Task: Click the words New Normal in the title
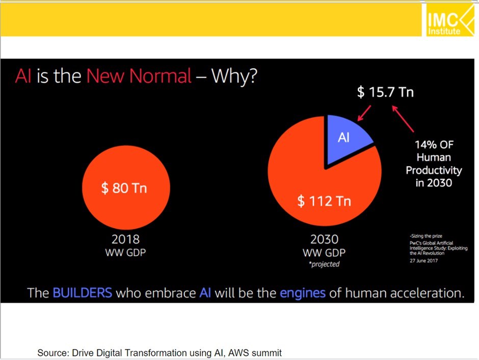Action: [x=139, y=76]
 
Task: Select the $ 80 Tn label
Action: [x=124, y=188]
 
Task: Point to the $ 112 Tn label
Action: [x=324, y=201]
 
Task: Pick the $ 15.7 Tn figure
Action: [x=385, y=93]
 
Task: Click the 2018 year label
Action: [x=125, y=239]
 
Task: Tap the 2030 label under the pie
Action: [x=325, y=239]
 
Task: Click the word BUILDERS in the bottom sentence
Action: [x=82, y=293]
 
